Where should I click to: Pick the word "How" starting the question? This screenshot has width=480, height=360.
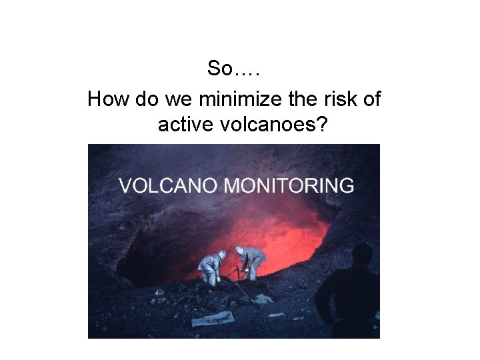109,100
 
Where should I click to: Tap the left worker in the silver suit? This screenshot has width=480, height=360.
210,267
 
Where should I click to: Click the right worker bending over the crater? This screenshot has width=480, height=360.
252,261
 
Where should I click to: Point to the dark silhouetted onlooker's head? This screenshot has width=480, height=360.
362,255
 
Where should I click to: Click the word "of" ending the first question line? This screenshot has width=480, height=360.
372,100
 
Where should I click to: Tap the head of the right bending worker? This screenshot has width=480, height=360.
239,251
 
